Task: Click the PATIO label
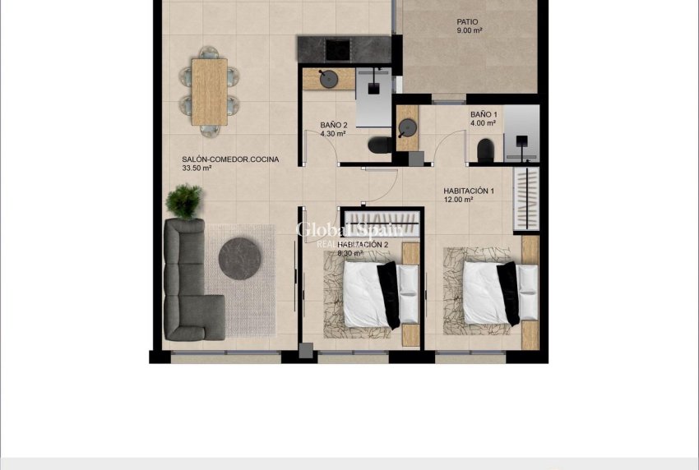tap(467, 22)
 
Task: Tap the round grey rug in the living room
tap(240, 259)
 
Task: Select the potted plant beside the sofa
tap(184, 200)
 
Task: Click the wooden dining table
tap(209, 91)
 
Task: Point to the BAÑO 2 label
tap(334, 126)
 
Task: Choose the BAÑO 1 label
tap(484, 115)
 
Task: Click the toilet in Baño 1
tap(485, 150)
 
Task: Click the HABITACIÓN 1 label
tap(469, 191)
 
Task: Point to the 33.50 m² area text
tap(197, 168)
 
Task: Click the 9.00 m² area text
tap(469, 31)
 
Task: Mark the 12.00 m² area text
tap(458, 200)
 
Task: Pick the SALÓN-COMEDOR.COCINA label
tap(225, 159)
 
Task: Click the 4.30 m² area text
tap(333, 134)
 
